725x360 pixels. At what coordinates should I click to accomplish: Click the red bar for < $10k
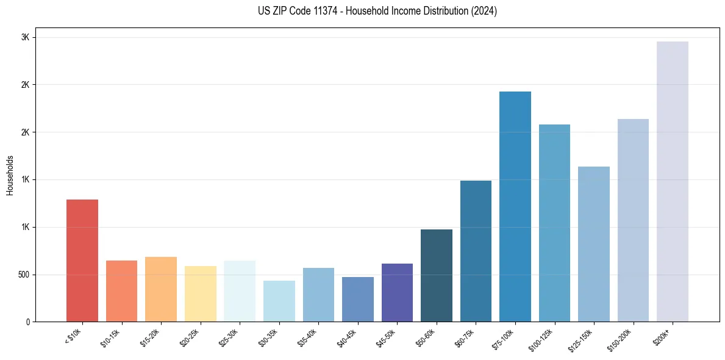(x=82, y=261)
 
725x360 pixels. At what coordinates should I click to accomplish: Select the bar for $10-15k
(x=121, y=291)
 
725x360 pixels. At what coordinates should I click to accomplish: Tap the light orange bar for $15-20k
(x=161, y=289)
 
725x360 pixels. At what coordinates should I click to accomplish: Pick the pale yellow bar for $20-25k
(x=200, y=293)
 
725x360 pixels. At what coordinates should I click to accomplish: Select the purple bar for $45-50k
(x=397, y=292)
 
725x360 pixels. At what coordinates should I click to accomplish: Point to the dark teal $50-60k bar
(x=437, y=275)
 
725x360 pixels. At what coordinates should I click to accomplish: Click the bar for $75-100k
(x=515, y=206)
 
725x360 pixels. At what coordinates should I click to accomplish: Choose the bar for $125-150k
(x=594, y=244)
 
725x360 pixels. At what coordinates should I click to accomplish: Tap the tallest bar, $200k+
(x=673, y=181)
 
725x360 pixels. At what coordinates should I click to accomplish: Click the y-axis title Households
(x=10, y=175)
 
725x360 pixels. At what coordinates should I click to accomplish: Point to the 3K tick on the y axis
(x=25, y=37)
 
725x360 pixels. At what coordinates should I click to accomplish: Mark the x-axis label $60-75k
(x=465, y=339)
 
